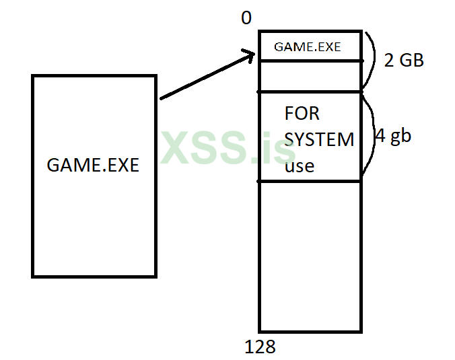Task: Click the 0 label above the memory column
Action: pyautogui.click(x=246, y=18)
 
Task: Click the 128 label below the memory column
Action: pyautogui.click(x=261, y=347)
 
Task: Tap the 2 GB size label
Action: pyautogui.click(x=404, y=61)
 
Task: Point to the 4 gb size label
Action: pyautogui.click(x=393, y=136)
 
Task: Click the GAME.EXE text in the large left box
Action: pyautogui.click(x=93, y=165)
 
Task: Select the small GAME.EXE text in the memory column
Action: pyautogui.click(x=308, y=47)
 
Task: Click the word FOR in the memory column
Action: pyautogui.click(x=302, y=113)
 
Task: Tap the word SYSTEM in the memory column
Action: pyautogui.click(x=319, y=139)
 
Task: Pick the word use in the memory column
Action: pyautogui.click(x=300, y=166)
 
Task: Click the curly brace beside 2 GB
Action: pyautogui.click(x=370, y=61)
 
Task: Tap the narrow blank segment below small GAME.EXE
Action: pyautogui.click(x=310, y=76)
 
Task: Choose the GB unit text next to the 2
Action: pyautogui.click(x=411, y=61)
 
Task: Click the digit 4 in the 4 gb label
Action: pyautogui.click(x=380, y=136)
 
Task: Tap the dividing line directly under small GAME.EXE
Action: pyautogui.click(x=310, y=61)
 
